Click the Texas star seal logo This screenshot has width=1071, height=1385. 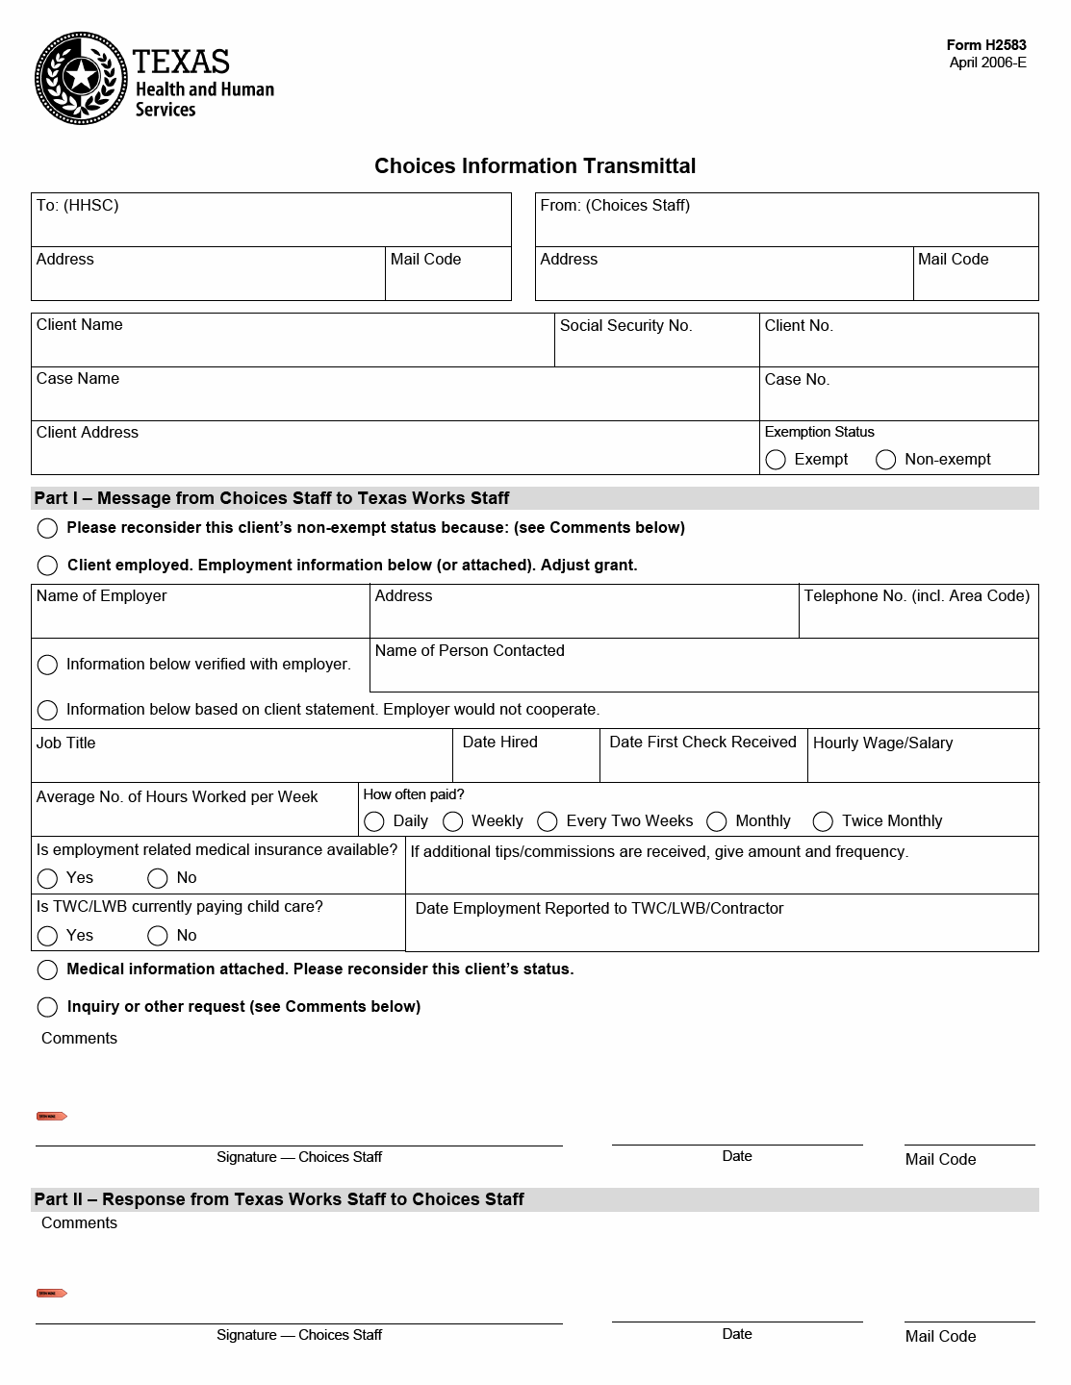(81, 78)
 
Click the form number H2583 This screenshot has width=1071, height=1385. (985, 45)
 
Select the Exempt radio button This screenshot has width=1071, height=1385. (776, 460)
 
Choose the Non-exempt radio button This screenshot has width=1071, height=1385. (886, 460)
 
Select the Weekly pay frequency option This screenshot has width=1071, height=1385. (453, 821)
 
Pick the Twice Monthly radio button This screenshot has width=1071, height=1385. (823, 821)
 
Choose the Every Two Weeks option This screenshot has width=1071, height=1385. (548, 821)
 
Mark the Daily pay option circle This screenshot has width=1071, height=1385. (374, 821)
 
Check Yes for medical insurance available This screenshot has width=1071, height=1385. (47, 878)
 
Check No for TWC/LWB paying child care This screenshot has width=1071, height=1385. (158, 936)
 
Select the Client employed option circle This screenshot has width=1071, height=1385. (47, 566)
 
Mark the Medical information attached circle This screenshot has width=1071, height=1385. (47, 969)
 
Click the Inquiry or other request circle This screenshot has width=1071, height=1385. (47, 1007)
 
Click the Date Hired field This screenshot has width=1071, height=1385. (526, 765)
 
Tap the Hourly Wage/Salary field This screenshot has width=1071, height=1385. (923, 765)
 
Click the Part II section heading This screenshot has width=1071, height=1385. (279, 1199)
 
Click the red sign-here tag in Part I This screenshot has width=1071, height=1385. (51, 1117)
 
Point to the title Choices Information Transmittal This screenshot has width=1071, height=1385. (535, 166)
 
